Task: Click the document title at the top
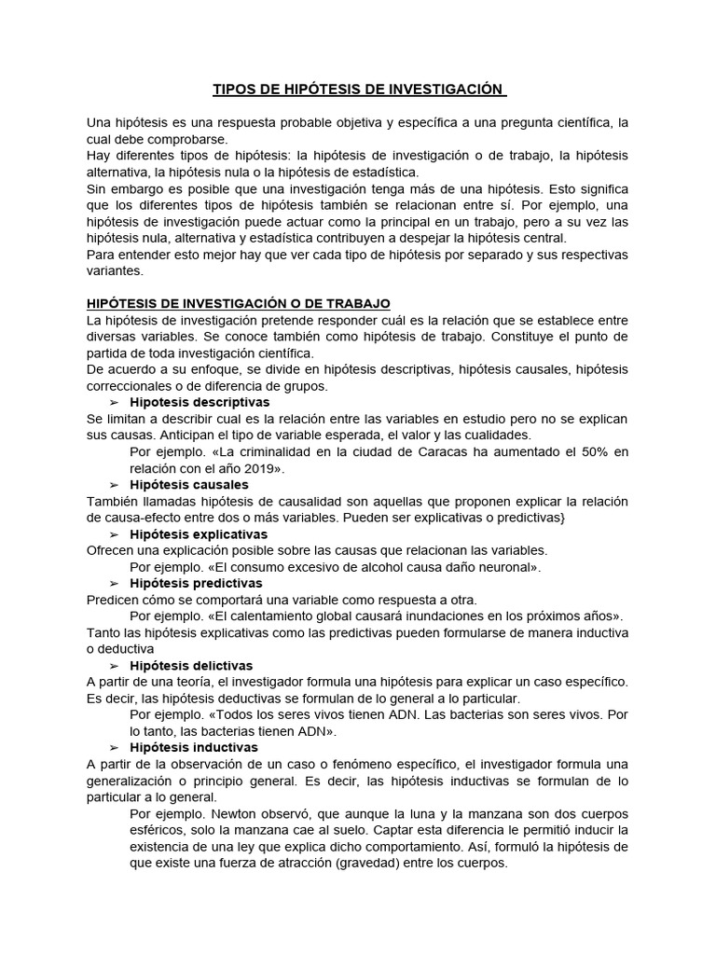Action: pos(358,90)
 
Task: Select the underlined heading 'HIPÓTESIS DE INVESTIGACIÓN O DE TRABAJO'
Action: pos(239,304)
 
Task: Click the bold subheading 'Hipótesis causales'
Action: pos(189,485)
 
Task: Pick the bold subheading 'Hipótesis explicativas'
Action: pos(199,534)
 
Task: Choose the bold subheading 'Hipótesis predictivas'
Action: pos(197,583)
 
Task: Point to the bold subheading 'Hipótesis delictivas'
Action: pos(191,666)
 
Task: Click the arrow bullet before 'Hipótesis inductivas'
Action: pos(115,748)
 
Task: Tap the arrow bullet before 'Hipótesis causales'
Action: pos(115,485)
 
